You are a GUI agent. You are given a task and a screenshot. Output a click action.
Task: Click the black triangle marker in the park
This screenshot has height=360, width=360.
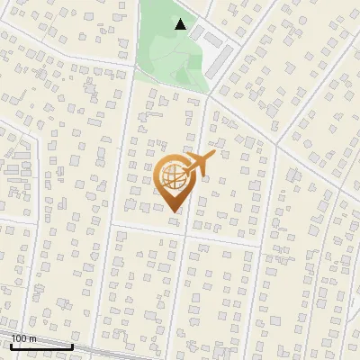tap(181, 25)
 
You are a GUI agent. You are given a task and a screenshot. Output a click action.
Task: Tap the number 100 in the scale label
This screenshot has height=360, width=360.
tap(19, 338)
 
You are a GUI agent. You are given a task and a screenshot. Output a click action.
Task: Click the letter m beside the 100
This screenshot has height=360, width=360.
tap(32, 338)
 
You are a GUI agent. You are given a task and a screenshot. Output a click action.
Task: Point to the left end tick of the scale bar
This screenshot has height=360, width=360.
tap(11, 344)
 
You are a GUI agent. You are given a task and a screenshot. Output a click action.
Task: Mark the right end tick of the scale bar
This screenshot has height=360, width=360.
tap(72, 344)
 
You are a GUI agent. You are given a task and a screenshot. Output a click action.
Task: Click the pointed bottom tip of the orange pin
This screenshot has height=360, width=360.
tap(172, 212)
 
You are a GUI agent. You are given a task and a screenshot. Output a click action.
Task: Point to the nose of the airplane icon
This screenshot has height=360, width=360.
tap(213, 156)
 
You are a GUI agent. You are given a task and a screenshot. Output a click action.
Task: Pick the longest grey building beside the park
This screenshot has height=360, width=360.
tap(219, 62)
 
